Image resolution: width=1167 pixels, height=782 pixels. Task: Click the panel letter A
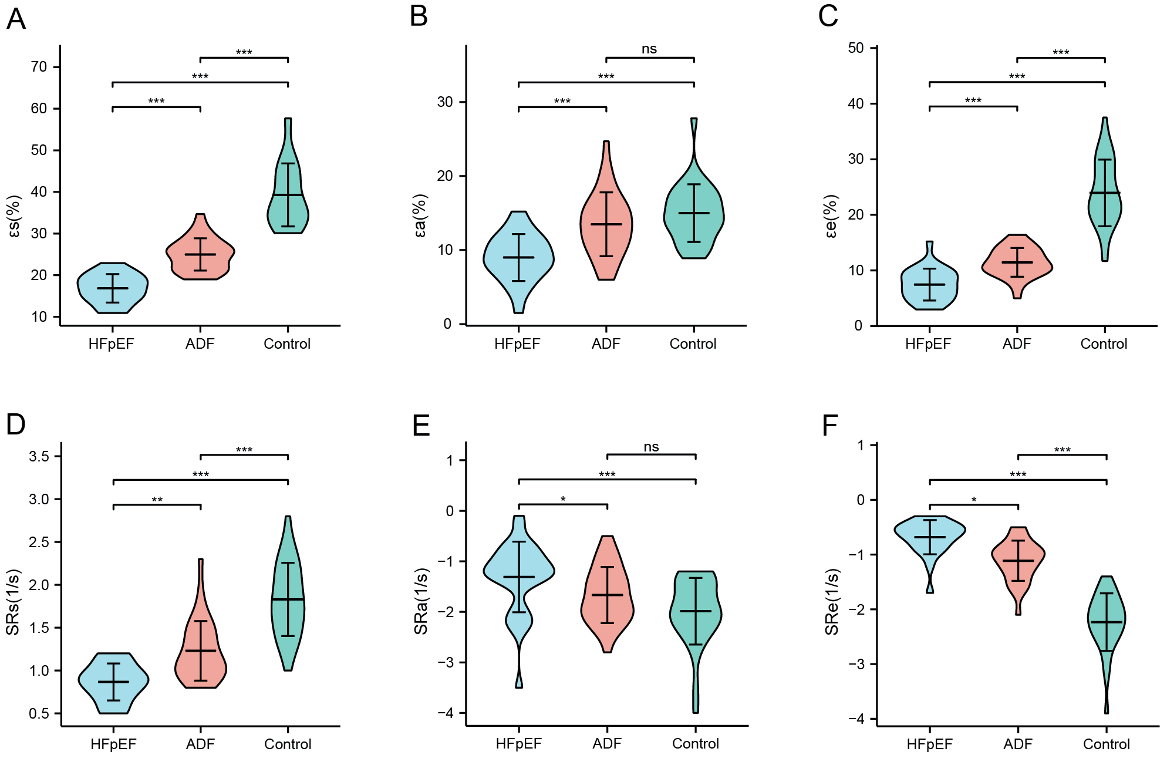[x=16, y=19]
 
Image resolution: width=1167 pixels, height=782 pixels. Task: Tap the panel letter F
[x=829, y=426]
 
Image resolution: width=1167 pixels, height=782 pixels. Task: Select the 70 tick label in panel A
[x=39, y=67]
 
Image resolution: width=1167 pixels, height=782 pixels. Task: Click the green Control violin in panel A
[x=288, y=205]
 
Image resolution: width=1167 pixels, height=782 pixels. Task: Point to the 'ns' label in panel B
[x=649, y=49]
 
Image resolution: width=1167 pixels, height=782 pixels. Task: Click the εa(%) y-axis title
[x=420, y=216]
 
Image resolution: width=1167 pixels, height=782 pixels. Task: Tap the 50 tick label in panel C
[x=856, y=48]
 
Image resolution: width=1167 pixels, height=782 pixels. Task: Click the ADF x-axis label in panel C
[x=1017, y=344]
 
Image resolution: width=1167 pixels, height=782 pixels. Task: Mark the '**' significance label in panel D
[x=157, y=500]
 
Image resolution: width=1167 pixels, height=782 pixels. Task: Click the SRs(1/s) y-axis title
[x=13, y=602]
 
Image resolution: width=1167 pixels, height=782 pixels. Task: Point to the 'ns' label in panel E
[x=651, y=447]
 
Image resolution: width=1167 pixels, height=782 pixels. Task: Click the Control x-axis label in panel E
[x=695, y=744]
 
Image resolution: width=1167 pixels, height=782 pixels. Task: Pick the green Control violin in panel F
[x=1107, y=622]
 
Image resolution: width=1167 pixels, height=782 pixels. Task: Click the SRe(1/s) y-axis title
[x=832, y=602]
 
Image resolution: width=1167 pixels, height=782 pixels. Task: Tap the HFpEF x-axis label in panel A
[x=112, y=344]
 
